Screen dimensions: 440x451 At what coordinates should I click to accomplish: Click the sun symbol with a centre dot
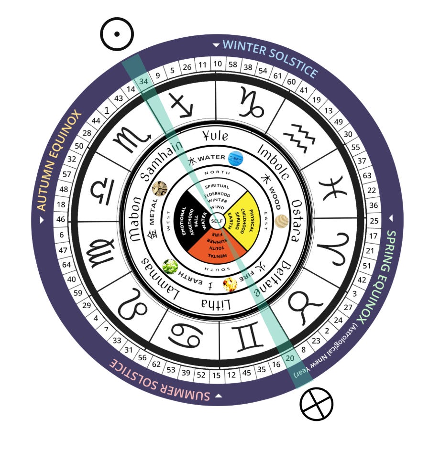[117, 34]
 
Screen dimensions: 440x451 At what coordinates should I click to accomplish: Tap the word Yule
[215, 135]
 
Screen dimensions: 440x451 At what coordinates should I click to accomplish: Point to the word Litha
[218, 304]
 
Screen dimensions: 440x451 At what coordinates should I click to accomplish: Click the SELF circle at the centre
[218, 221]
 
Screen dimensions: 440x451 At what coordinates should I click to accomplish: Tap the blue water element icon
[236, 158]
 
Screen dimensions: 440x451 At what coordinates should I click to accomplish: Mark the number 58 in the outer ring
[233, 64]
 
